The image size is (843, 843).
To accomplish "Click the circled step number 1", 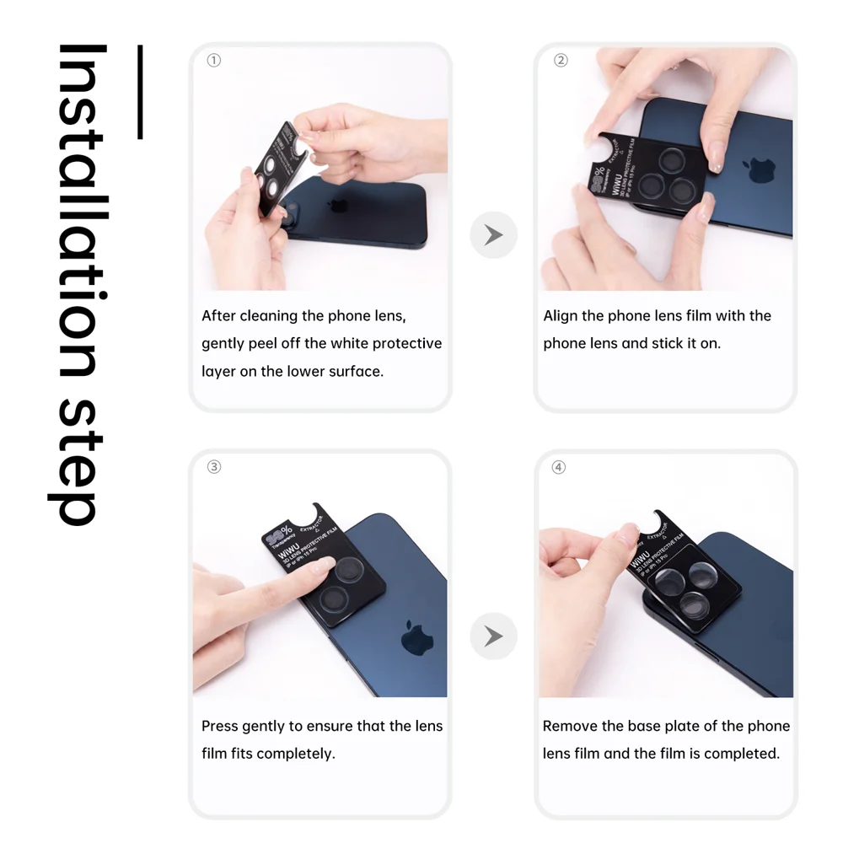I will pos(214,61).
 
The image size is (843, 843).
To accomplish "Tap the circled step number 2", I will pos(561,61).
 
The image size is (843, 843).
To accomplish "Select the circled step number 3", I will pos(214,467).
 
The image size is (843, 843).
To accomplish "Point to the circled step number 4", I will pos(558,467).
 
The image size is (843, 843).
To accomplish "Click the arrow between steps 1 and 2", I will pos(493,235).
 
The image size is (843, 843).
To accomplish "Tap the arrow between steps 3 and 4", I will pos(493,636).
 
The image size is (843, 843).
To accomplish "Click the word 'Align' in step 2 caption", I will pos(561,316).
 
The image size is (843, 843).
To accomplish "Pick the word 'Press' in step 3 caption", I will pos(219,726).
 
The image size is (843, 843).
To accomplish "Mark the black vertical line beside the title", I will pos(140,92).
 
